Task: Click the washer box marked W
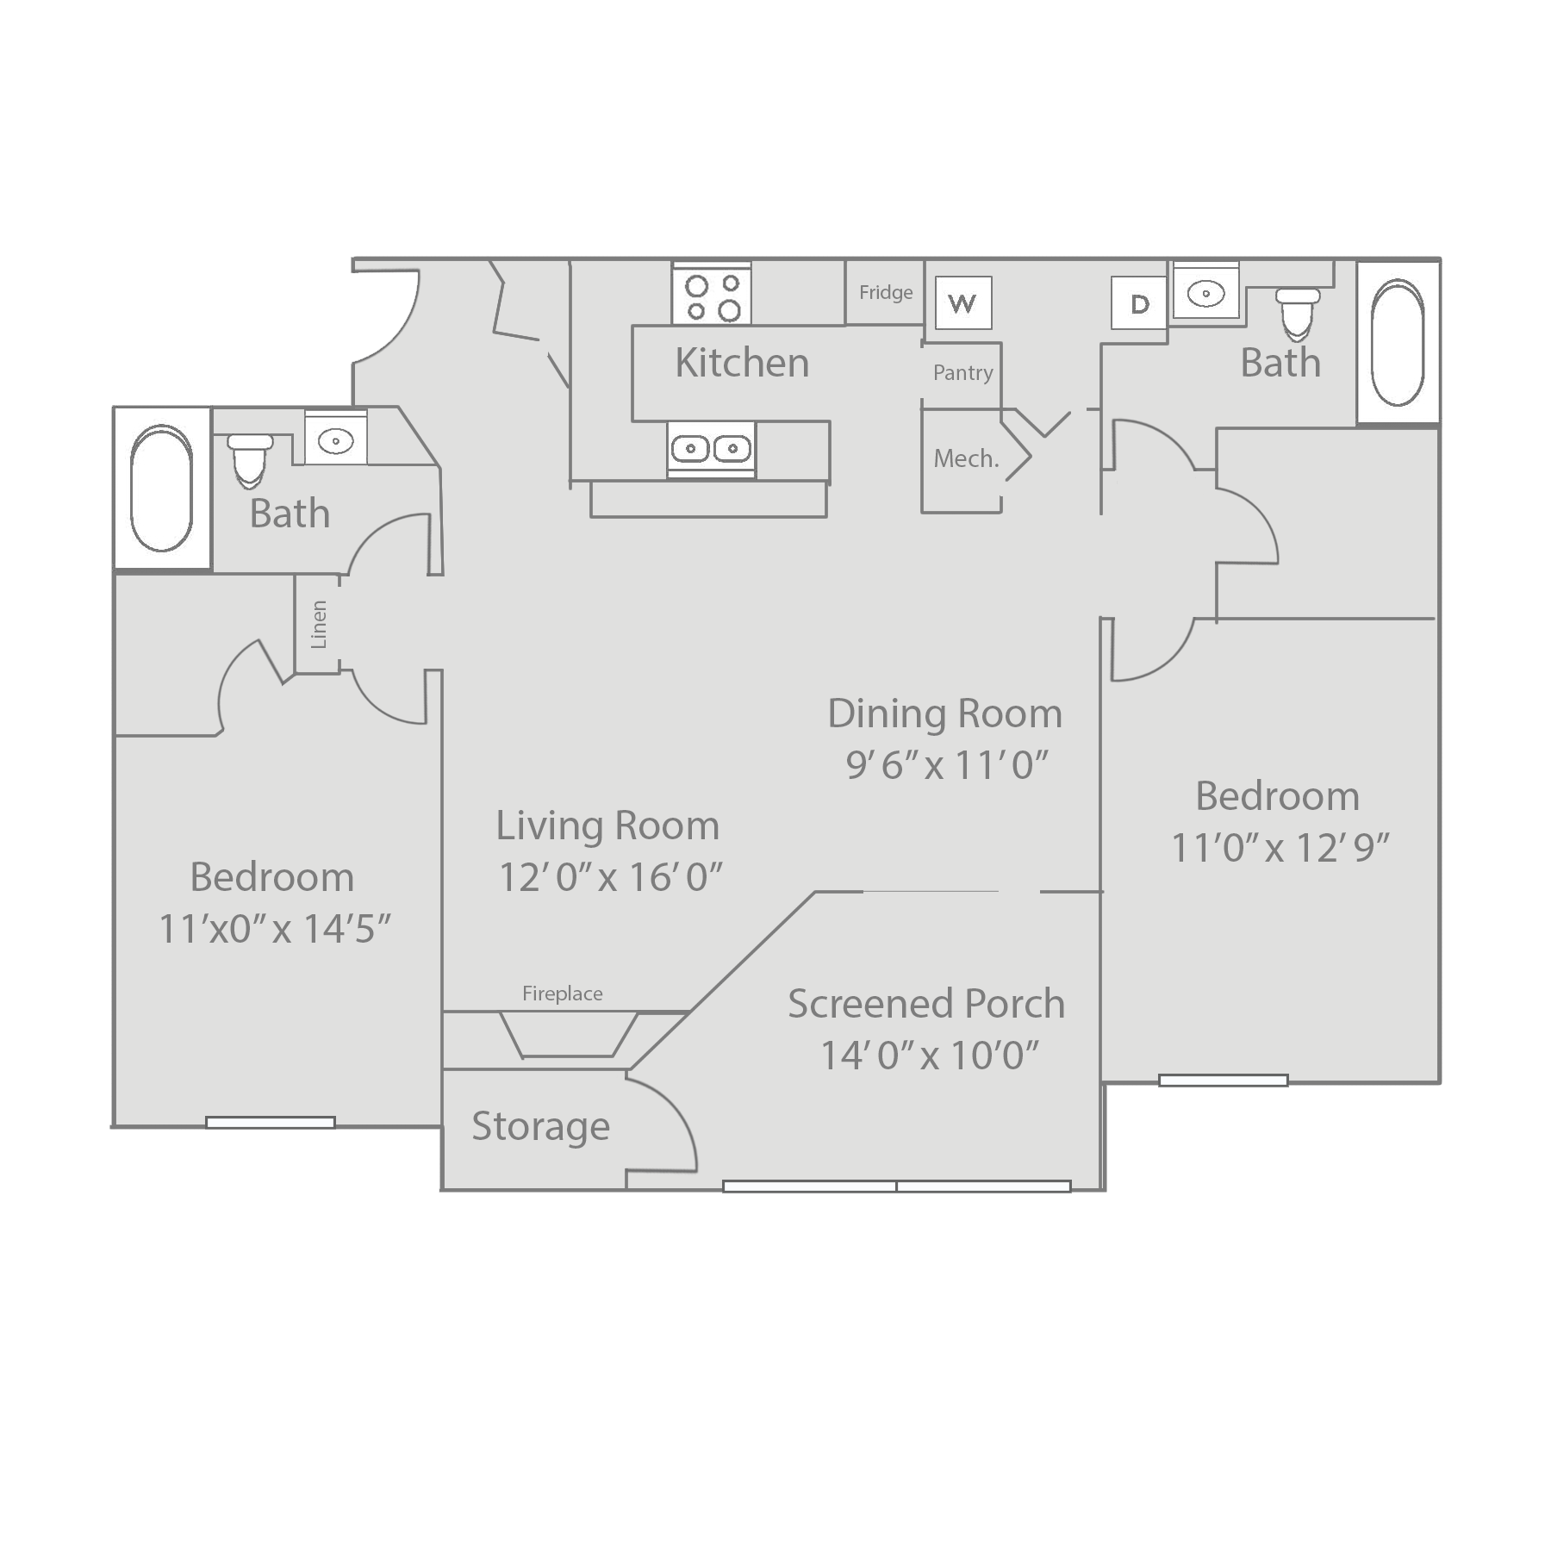(x=963, y=302)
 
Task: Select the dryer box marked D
(x=1139, y=302)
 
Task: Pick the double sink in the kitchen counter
(x=711, y=448)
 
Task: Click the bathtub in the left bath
(x=161, y=488)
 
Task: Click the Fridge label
(x=886, y=292)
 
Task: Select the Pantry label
(x=963, y=372)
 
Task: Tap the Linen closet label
(x=318, y=624)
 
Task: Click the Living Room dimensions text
(x=610, y=877)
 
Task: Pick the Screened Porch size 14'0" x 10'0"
(x=930, y=1055)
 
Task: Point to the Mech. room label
(x=967, y=458)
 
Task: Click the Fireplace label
(x=563, y=994)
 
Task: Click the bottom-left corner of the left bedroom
(x=114, y=1125)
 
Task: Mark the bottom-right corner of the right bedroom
(x=1439, y=1082)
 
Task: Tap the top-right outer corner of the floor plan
(x=1440, y=258)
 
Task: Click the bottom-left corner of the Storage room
(x=442, y=1190)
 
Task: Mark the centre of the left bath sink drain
(x=335, y=441)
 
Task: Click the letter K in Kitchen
(x=686, y=363)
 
